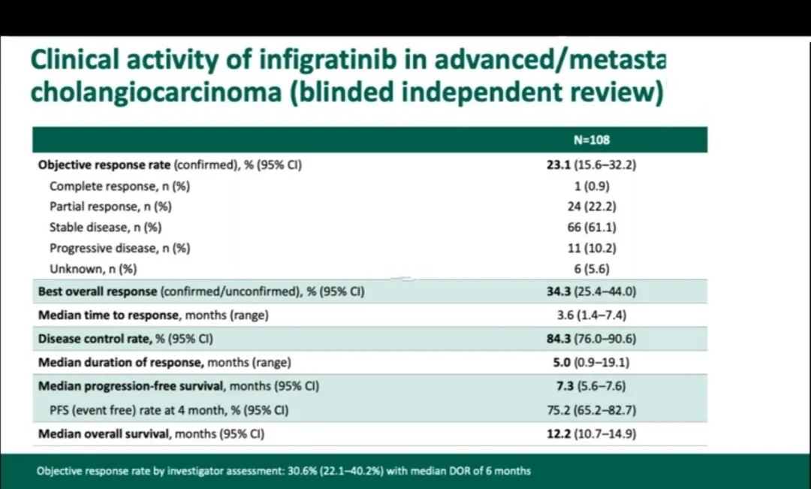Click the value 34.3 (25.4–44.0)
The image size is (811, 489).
(x=592, y=291)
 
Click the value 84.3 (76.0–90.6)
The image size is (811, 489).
(x=592, y=339)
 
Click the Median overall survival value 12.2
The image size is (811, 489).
(x=559, y=433)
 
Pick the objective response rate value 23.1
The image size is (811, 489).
(x=559, y=165)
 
